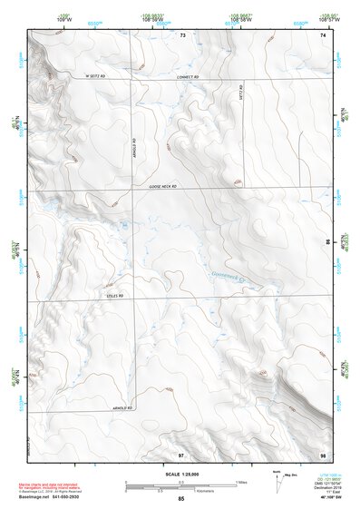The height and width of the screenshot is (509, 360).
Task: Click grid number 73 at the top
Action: click(x=182, y=34)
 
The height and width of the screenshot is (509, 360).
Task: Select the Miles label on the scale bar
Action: click(x=239, y=482)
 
